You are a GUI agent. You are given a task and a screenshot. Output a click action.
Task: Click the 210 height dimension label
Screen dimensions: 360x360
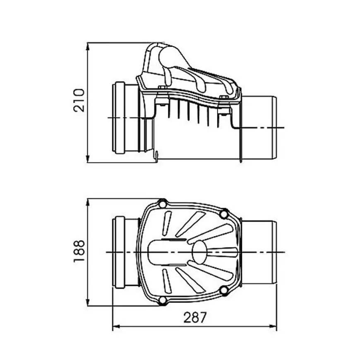pyautogui.click(x=79, y=100)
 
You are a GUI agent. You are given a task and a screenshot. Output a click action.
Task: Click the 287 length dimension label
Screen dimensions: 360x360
pyautogui.click(x=195, y=317)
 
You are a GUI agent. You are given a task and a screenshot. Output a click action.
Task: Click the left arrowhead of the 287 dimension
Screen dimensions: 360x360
pyautogui.click(x=118, y=326)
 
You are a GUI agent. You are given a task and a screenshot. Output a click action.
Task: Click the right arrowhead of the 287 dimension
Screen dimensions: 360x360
pyautogui.click(x=271, y=326)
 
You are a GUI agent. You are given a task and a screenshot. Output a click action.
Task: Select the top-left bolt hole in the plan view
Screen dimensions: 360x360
pyautogui.click(x=162, y=204)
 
